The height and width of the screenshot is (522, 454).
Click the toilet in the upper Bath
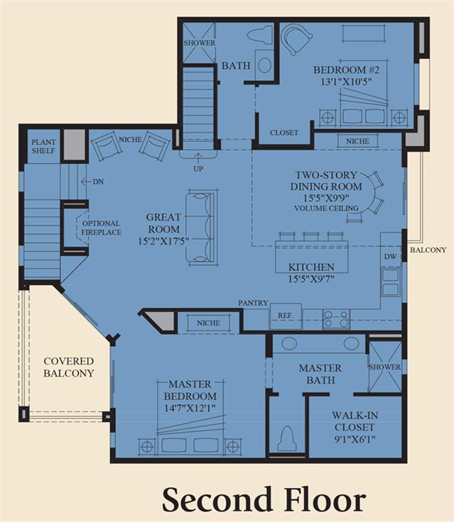pyautogui.click(x=259, y=35)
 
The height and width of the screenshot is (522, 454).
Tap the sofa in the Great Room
pyautogui.click(x=202, y=228)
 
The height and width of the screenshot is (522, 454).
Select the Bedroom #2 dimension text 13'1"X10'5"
pyautogui.click(x=346, y=82)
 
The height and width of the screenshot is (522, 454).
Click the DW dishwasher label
pyautogui.click(x=390, y=256)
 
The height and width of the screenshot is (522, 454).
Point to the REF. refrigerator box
pyautogui.click(x=286, y=316)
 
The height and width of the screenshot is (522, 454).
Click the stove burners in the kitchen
pyautogui.click(x=336, y=318)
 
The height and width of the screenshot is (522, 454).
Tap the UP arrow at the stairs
pyautogui.click(x=198, y=157)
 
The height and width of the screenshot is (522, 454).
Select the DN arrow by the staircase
pyautogui.click(x=86, y=182)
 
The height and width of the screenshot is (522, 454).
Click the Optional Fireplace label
pyautogui.click(x=101, y=228)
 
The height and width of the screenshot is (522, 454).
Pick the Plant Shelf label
pyautogui.click(x=43, y=146)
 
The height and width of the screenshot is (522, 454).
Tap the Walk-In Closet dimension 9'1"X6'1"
pyautogui.click(x=355, y=440)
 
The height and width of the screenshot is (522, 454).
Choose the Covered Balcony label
pyautogui.click(x=69, y=367)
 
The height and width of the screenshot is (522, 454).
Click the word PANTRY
pyautogui.click(x=253, y=303)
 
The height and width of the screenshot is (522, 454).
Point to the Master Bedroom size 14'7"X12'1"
pyautogui.click(x=190, y=408)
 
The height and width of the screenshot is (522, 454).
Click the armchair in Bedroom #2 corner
pyautogui.click(x=296, y=38)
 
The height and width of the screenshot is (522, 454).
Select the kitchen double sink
pyautogui.click(x=390, y=282)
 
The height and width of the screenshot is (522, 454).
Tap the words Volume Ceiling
pyautogui.click(x=326, y=209)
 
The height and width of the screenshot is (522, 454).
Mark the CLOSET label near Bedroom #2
pyautogui.click(x=284, y=133)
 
